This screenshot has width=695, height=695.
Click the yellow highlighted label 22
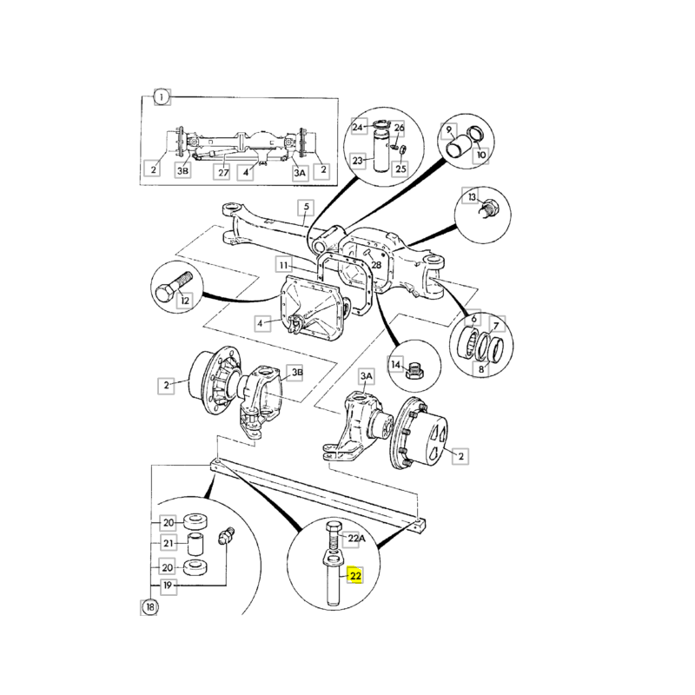[x=355, y=574]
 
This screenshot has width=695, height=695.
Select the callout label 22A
[x=356, y=539]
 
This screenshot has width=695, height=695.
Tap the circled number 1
[x=162, y=97]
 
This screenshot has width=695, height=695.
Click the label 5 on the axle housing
[x=306, y=207]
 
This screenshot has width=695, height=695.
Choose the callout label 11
[x=283, y=263]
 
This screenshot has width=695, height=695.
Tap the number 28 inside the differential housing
[x=376, y=264]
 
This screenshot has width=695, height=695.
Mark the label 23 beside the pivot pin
[x=357, y=160]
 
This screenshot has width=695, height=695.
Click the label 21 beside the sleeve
[x=168, y=544]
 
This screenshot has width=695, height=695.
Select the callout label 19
[x=168, y=586]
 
